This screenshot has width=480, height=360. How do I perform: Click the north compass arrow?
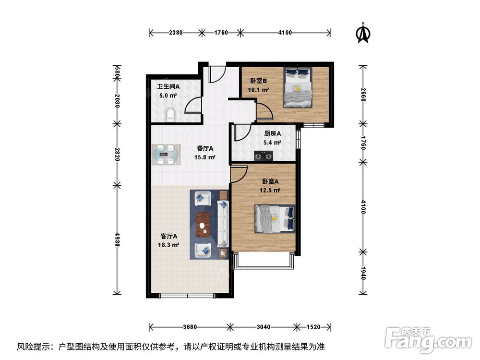point(363,34)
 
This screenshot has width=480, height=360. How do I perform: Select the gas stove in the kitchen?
point(263,156)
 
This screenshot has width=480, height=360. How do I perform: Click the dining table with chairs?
point(166,155)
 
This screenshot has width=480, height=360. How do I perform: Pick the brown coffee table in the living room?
point(203,224)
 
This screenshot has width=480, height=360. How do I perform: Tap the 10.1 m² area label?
point(258,90)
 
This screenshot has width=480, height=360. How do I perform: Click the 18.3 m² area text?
point(168,245)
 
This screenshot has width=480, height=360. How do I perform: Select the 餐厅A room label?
point(205,149)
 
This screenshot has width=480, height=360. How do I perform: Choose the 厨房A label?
point(273,133)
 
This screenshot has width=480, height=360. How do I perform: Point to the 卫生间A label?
point(168,86)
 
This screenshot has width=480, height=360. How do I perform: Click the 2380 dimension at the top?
point(176,33)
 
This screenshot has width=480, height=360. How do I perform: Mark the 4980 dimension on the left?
point(117,239)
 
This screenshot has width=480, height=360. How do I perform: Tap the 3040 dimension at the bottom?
point(263,327)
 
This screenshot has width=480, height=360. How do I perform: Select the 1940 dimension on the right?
point(363,273)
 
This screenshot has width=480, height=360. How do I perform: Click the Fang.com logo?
point(428,340)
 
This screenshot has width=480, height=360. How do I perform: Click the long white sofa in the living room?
point(223,224)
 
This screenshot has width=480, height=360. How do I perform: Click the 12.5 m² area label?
point(270,190)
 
